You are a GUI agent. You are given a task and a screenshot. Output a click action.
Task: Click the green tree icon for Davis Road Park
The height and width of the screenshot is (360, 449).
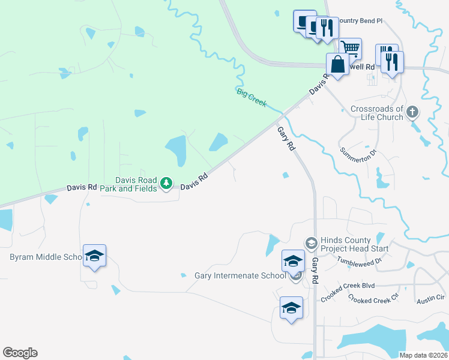pos(167,183)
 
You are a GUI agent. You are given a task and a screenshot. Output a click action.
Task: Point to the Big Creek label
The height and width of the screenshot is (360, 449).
pos(251,97)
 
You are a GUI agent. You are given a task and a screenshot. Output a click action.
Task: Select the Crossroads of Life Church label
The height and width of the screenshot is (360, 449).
pos(377,113)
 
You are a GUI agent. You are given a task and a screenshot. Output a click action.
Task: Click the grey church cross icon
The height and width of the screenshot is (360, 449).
pos(412,112)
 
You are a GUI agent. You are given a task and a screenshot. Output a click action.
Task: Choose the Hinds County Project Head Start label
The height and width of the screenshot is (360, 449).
pos(354,244)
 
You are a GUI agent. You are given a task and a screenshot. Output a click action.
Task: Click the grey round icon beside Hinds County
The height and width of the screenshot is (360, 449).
pos(311,243)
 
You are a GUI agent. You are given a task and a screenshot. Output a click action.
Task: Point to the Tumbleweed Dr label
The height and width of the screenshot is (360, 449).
pos(360,262)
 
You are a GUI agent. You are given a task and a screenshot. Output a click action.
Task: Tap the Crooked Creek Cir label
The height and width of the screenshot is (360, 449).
pos(373,298)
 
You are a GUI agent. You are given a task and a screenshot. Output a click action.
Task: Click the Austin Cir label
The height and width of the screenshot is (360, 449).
pos(431,297)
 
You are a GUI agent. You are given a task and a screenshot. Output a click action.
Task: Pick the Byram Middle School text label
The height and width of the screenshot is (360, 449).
pos(46,257)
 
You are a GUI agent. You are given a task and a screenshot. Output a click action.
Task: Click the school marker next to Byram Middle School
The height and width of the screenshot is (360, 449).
pos(95,256)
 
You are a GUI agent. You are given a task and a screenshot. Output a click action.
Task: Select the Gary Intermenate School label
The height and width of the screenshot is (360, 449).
pos(240,275)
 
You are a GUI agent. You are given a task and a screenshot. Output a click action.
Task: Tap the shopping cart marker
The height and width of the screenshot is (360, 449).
pos(350,47)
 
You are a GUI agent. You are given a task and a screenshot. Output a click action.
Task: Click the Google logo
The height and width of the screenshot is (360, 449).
pos(20,353)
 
